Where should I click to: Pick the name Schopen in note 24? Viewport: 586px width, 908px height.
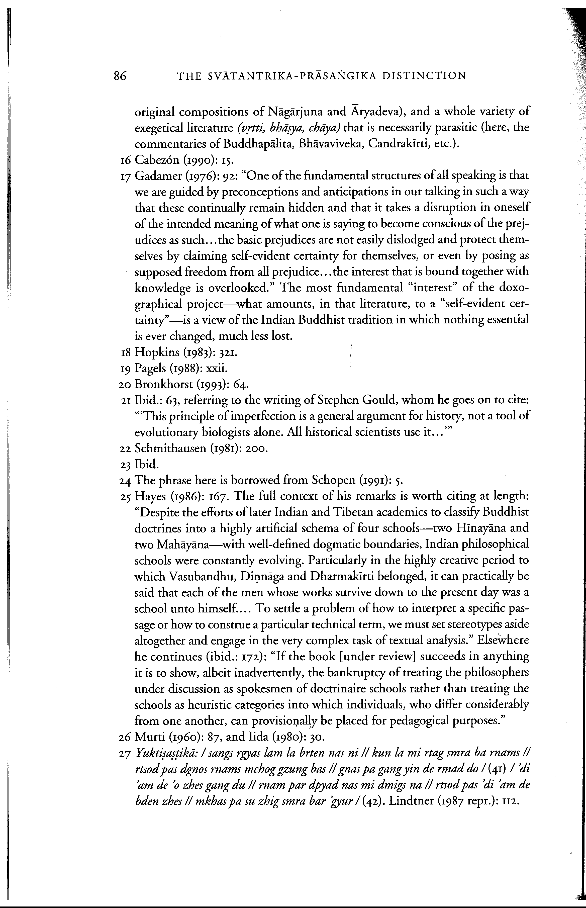[x=334, y=481]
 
